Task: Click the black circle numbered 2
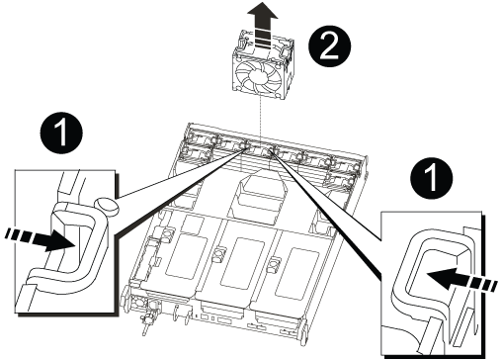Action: (330, 46)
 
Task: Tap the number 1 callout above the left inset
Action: (61, 134)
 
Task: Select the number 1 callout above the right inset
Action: (432, 178)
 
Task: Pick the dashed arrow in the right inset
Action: (461, 280)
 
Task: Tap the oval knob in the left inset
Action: (106, 206)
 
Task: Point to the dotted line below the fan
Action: (260, 121)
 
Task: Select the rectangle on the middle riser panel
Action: (243, 263)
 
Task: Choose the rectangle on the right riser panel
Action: (296, 273)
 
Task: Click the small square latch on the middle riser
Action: (218, 254)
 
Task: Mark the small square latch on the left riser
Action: (167, 233)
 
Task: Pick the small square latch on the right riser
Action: (274, 264)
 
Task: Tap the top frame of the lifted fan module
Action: (263, 39)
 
